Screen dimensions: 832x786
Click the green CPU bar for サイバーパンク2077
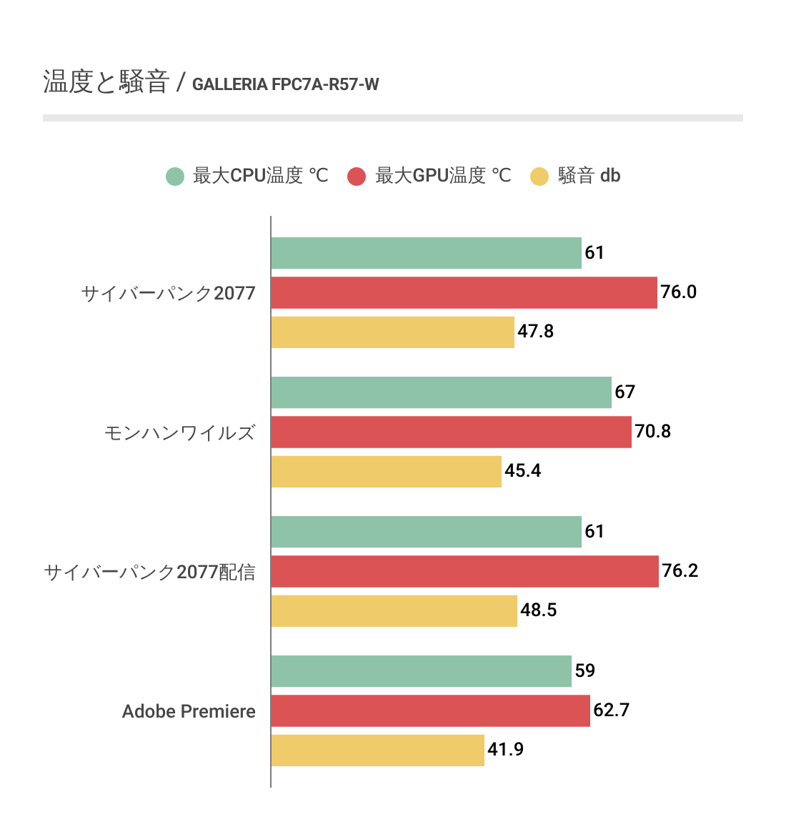click(426, 253)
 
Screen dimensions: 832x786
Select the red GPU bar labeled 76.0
click(464, 292)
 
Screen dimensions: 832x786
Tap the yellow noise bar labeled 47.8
click(392, 332)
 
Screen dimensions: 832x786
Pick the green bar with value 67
click(441, 392)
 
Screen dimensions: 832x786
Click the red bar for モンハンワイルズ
click(451, 432)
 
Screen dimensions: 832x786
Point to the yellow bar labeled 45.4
click(386, 471)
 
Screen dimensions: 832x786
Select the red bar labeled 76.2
click(464, 571)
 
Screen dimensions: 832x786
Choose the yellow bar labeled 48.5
click(394, 610)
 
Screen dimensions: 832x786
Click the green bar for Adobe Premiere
click(421, 671)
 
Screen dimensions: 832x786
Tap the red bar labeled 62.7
click(430, 710)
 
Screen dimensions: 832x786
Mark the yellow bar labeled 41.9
click(377, 750)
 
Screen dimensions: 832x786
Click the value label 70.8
click(653, 432)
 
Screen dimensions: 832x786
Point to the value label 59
click(585, 671)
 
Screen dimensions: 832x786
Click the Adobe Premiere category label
click(189, 711)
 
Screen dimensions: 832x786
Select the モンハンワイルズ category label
click(179, 432)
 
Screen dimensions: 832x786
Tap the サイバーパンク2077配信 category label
click(149, 572)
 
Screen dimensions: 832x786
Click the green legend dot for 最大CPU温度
click(175, 176)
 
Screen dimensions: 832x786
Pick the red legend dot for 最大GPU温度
click(357, 176)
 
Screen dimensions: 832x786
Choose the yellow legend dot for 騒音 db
click(539, 176)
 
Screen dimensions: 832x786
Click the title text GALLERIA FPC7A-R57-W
click(286, 84)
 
